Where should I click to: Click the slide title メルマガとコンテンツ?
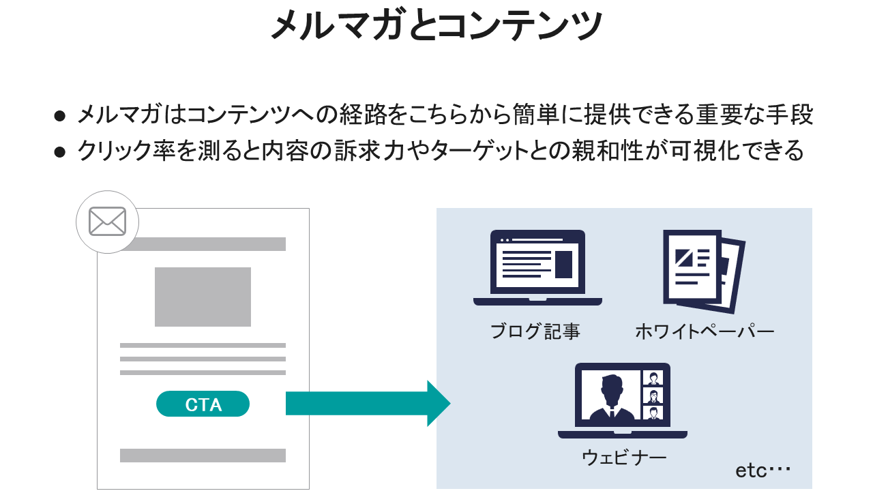click(x=436, y=26)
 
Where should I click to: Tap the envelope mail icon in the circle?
click(x=107, y=222)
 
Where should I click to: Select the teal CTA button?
click(x=203, y=404)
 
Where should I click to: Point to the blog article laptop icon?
click(x=537, y=267)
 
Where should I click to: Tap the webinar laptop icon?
click(x=622, y=400)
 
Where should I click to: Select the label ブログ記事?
click(x=535, y=332)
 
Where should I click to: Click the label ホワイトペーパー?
click(x=705, y=332)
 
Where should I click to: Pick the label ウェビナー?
click(x=623, y=457)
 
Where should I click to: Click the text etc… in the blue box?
click(x=763, y=471)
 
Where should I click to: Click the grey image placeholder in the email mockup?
click(x=203, y=297)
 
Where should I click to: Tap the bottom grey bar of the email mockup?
click(x=203, y=456)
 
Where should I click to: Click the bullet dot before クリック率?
click(x=60, y=152)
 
